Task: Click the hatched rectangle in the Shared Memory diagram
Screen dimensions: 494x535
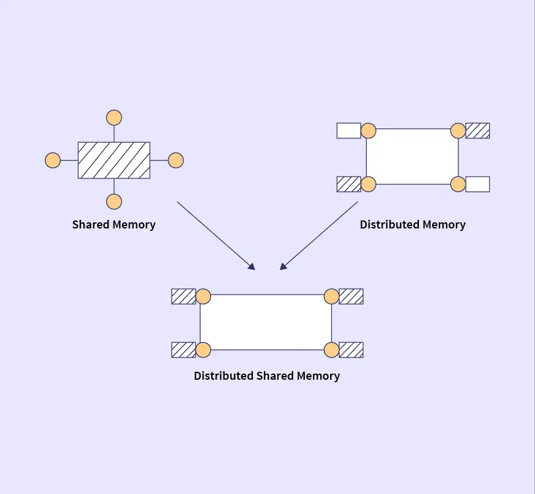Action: [x=114, y=161]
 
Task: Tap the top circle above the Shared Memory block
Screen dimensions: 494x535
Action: [x=114, y=117]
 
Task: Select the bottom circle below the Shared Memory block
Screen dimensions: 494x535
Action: [x=114, y=201]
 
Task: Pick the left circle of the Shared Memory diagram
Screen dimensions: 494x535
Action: [x=53, y=161]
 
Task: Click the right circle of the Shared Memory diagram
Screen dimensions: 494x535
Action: [x=176, y=161]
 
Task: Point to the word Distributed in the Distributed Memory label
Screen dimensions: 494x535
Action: [x=389, y=225]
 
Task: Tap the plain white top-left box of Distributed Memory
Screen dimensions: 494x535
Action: [x=349, y=130]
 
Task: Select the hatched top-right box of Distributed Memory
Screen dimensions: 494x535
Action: [x=478, y=130]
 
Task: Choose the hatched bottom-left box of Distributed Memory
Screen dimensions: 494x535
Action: [x=349, y=184]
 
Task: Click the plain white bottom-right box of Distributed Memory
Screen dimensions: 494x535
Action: [x=478, y=184]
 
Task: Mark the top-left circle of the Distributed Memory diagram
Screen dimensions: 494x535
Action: [x=368, y=130]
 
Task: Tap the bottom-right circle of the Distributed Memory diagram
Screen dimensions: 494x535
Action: [x=458, y=184]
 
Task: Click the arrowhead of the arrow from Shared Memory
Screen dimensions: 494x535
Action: [x=252, y=267]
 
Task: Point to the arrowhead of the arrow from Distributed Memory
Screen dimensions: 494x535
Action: [x=283, y=267]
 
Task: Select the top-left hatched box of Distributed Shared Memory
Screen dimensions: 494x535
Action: [x=183, y=296]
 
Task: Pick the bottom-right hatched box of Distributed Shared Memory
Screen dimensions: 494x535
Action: [x=351, y=350]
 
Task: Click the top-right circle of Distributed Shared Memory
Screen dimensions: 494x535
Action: [x=331, y=296]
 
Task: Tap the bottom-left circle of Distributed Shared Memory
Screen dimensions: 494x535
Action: [x=203, y=350]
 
